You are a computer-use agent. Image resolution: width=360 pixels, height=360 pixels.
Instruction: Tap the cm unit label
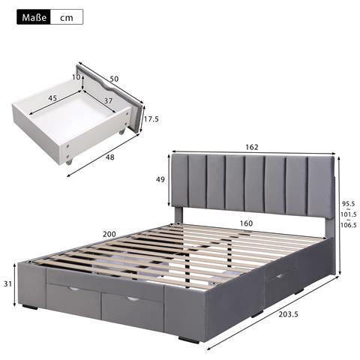tap(66, 16)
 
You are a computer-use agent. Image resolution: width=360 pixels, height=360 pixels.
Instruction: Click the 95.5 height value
tap(348, 202)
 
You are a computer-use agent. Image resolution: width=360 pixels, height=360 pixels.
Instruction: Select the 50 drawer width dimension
tap(115, 78)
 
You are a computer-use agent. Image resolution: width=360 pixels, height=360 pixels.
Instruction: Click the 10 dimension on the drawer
tap(76, 77)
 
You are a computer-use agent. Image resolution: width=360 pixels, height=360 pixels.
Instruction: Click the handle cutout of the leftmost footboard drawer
tap(73, 289)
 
